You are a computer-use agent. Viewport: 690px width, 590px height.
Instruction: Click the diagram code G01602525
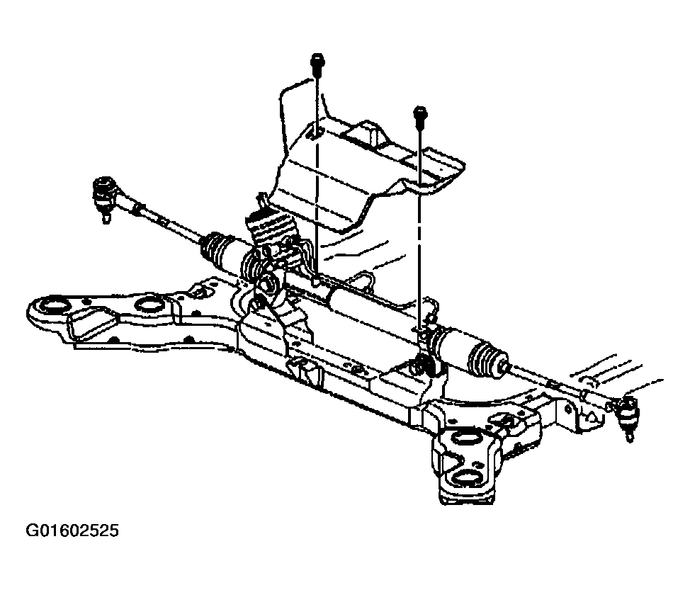[x=72, y=531]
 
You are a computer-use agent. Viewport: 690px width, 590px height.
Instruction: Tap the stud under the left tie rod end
[x=106, y=217]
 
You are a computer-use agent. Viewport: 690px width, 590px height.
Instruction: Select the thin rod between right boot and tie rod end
[x=559, y=382]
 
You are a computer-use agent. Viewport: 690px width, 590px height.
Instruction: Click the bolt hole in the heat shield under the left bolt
[x=315, y=134]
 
